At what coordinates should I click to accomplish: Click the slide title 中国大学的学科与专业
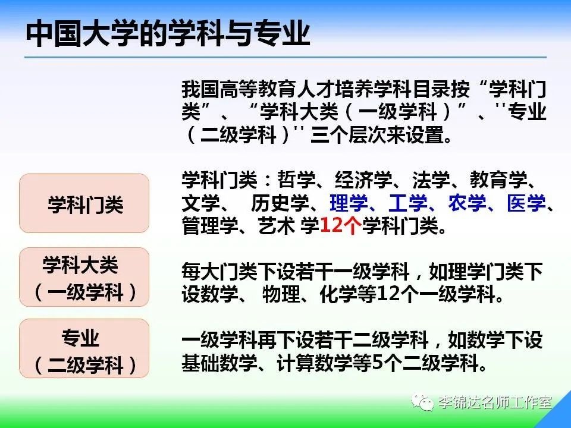coord(168,34)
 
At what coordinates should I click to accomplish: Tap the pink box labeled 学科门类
coord(84,203)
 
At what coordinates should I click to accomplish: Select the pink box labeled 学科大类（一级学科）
coord(84,277)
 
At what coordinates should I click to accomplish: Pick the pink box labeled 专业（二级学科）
coord(84,348)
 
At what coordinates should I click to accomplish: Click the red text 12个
coord(340,226)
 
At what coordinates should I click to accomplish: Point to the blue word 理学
coord(349,203)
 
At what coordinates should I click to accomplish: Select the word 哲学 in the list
coord(296,180)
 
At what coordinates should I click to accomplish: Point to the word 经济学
coord(363,180)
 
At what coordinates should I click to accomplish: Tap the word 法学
coord(431,180)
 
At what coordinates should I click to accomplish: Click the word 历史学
coord(280,203)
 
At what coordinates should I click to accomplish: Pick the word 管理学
coord(211,226)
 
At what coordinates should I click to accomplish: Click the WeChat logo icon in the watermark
coord(422,402)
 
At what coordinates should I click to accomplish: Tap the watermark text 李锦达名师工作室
coord(495,402)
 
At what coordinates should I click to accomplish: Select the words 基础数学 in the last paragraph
coord(219,363)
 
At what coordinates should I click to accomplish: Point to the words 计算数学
coord(315,363)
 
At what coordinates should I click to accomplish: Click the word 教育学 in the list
coord(498,180)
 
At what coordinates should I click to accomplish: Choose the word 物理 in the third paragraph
coord(281,294)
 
